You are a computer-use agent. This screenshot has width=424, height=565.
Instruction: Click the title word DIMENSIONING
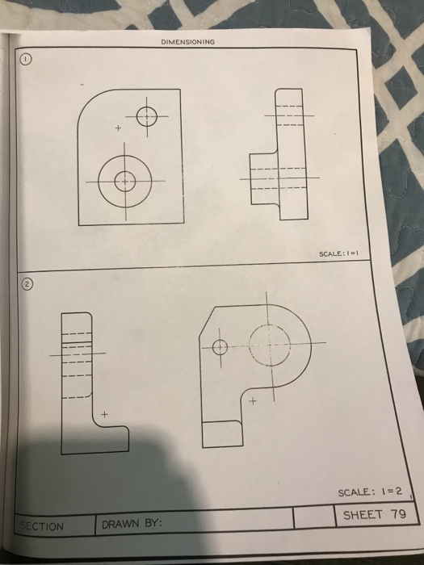(187, 44)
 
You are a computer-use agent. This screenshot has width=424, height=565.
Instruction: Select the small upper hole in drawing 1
(147, 117)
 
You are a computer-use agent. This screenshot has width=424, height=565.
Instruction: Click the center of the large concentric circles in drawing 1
(124, 179)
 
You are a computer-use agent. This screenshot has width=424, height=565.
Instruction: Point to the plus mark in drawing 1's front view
(117, 128)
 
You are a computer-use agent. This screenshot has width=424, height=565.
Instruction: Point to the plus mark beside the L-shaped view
(103, 414)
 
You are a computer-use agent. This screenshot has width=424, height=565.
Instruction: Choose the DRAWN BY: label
(131, 525)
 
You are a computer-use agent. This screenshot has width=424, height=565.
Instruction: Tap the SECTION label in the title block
(41, 526)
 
